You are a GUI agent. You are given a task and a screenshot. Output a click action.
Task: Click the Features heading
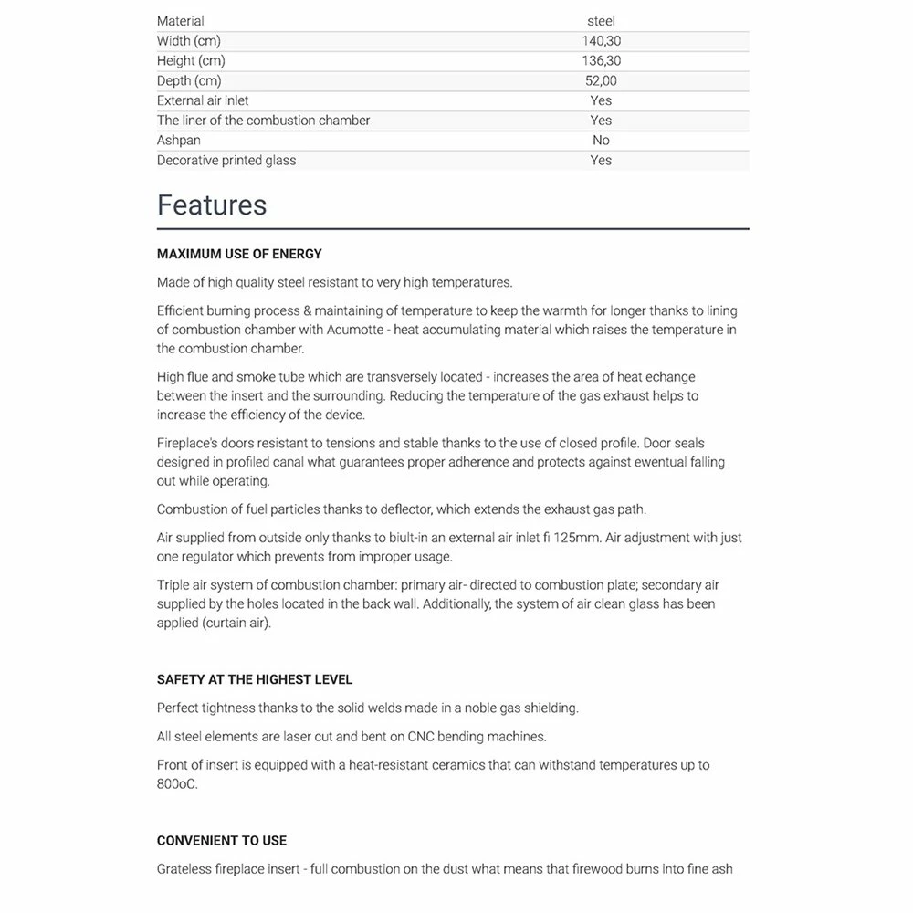[x=212, y=205]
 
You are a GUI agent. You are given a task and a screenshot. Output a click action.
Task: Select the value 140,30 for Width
[x=601, y=41]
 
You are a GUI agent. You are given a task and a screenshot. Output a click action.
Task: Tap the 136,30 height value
[x=601, y=61]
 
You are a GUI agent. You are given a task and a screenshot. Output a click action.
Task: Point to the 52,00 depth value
[x=601, y=81]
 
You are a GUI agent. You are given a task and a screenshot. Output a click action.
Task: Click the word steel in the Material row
[x=601, y=21]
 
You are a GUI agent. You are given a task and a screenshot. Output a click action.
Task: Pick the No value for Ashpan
[x=601, y=141]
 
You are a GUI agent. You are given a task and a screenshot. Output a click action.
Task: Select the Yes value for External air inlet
[x=601, y=100]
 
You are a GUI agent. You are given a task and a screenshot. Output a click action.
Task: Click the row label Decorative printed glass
[x=226, y=161]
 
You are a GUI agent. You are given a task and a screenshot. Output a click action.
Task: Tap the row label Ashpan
[x=179, y=141]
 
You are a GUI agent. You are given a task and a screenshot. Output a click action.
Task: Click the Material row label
[x=181, y=21]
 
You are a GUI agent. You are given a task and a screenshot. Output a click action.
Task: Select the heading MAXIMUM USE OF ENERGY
[x=239, y=254]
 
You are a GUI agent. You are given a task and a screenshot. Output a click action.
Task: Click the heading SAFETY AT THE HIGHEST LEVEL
[x=255, y=679]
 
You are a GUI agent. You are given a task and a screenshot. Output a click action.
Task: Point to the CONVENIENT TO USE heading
[x=222, y=840]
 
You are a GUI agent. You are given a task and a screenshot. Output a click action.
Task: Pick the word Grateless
[x=187, y=868]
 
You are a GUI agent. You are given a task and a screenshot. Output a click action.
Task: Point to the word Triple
[x=174, y=584]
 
